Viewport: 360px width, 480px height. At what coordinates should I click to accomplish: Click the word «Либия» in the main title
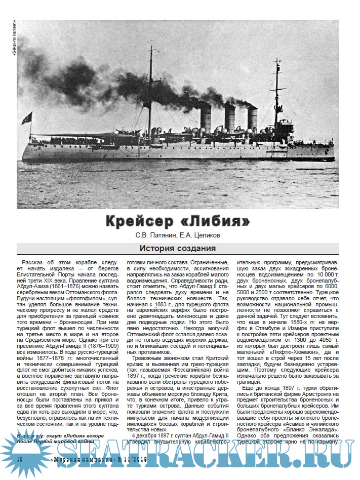tap(220, 221)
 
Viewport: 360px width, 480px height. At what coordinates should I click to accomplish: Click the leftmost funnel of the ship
tap(205, 118)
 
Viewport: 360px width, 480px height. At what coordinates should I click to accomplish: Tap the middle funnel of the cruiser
tap(229, 118)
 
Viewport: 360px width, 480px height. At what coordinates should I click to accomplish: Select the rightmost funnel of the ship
tap(252, 119)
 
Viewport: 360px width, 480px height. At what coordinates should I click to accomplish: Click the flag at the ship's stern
tap(26, 119)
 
